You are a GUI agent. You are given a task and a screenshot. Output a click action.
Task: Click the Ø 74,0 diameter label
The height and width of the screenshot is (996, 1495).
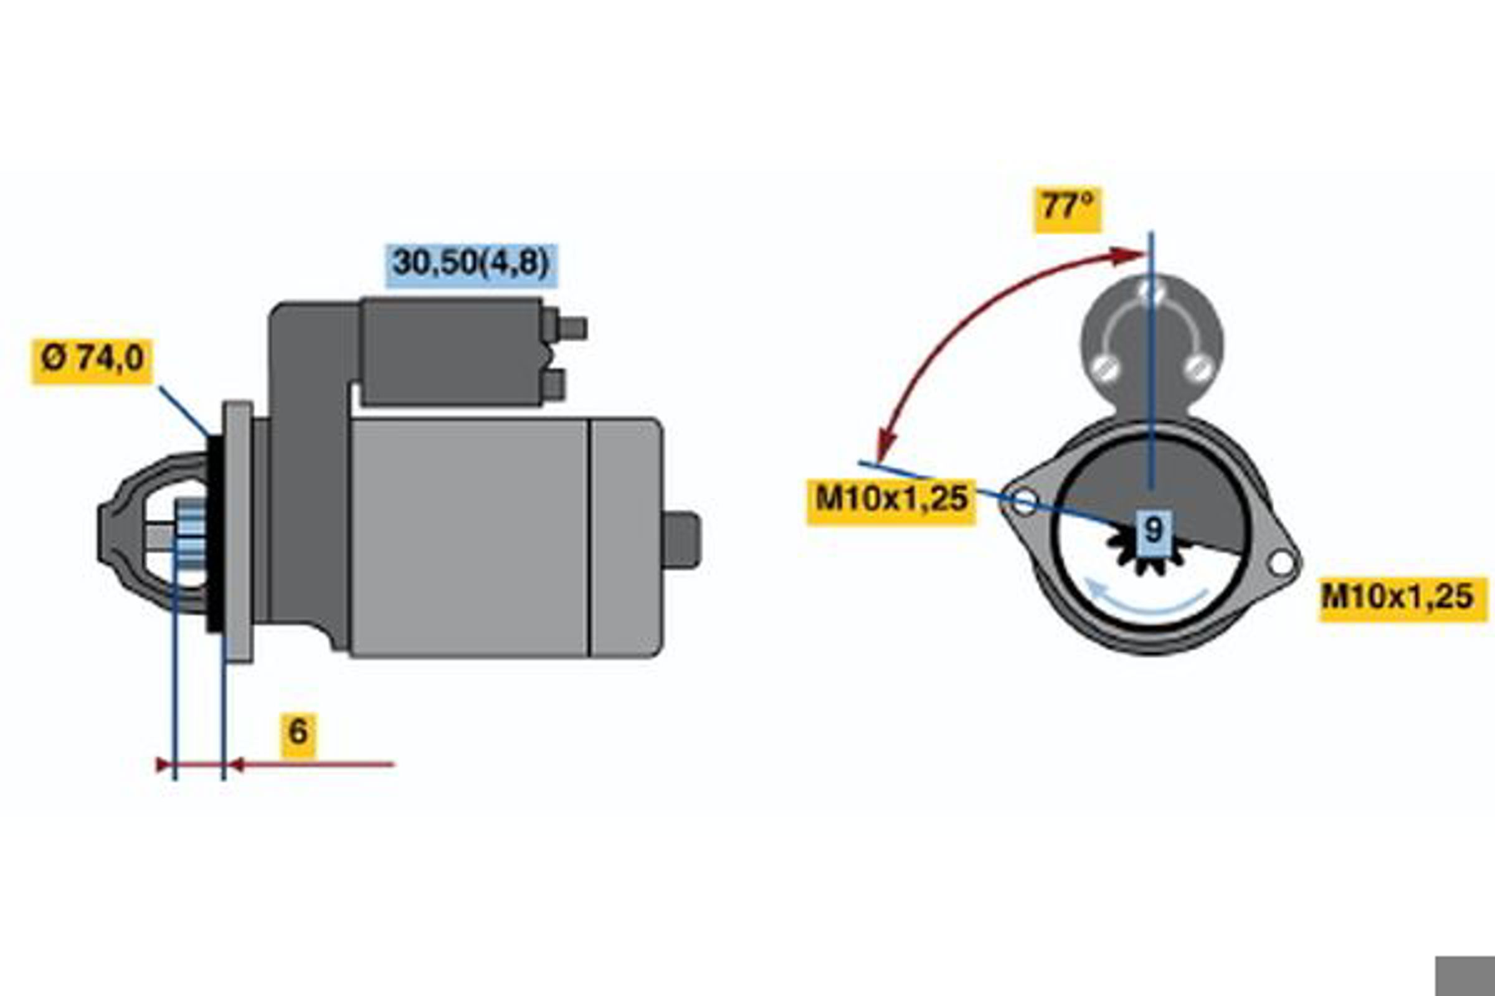92,361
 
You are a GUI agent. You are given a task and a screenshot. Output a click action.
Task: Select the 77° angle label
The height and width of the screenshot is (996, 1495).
1067,210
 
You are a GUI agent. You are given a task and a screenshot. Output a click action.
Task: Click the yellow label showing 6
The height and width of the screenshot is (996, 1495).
298,735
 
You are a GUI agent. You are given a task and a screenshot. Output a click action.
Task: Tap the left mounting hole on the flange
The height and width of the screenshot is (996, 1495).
1023,501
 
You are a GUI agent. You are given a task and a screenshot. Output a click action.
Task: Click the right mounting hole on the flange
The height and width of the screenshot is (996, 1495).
1280,562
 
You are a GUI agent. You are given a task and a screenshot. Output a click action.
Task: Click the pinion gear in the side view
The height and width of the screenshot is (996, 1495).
190,534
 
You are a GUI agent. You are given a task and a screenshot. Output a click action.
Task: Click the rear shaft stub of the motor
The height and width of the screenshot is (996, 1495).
681,539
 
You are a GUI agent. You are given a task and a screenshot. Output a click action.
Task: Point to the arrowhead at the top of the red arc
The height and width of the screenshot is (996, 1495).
1129,255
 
